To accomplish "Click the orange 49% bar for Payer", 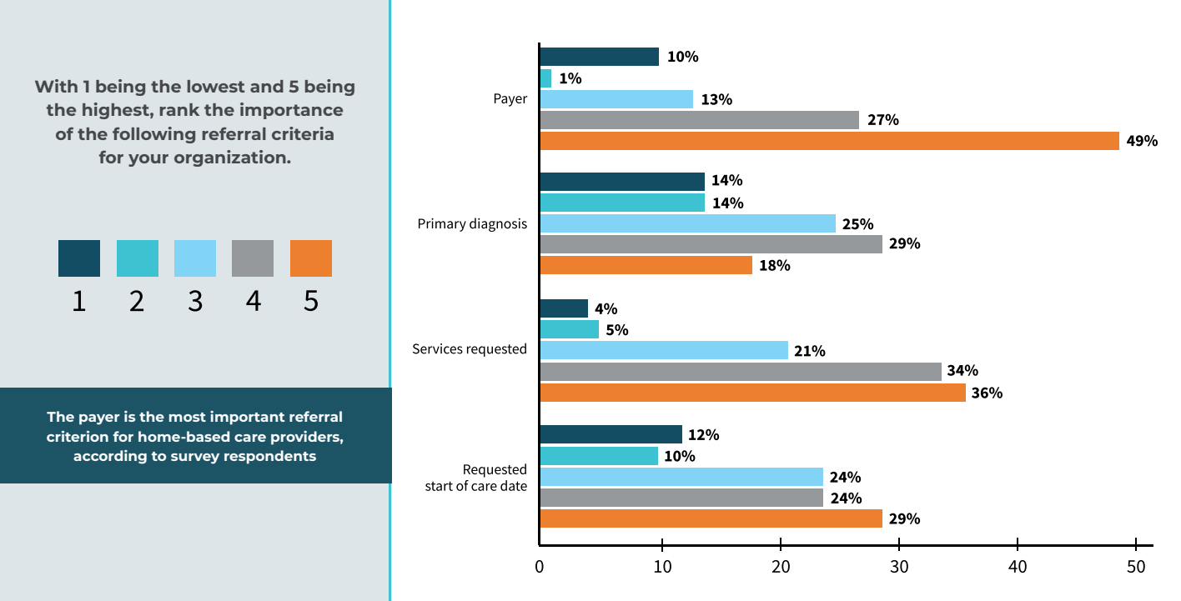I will point(829,141).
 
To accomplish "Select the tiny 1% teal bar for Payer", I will point(545,78).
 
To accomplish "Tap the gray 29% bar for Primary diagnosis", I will point(711,244).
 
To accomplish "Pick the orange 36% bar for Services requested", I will point(752,393).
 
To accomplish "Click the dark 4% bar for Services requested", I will point(564,308).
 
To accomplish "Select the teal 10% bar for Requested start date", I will point(599,456).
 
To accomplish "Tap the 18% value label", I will point(775,266).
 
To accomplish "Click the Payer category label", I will point(510,98).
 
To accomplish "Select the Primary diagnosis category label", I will point(472,223).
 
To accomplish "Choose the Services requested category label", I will point(470,348).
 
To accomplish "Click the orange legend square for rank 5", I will point(310,258).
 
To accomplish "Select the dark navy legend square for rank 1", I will point(79,258).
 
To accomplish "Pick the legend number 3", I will point(195,301).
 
